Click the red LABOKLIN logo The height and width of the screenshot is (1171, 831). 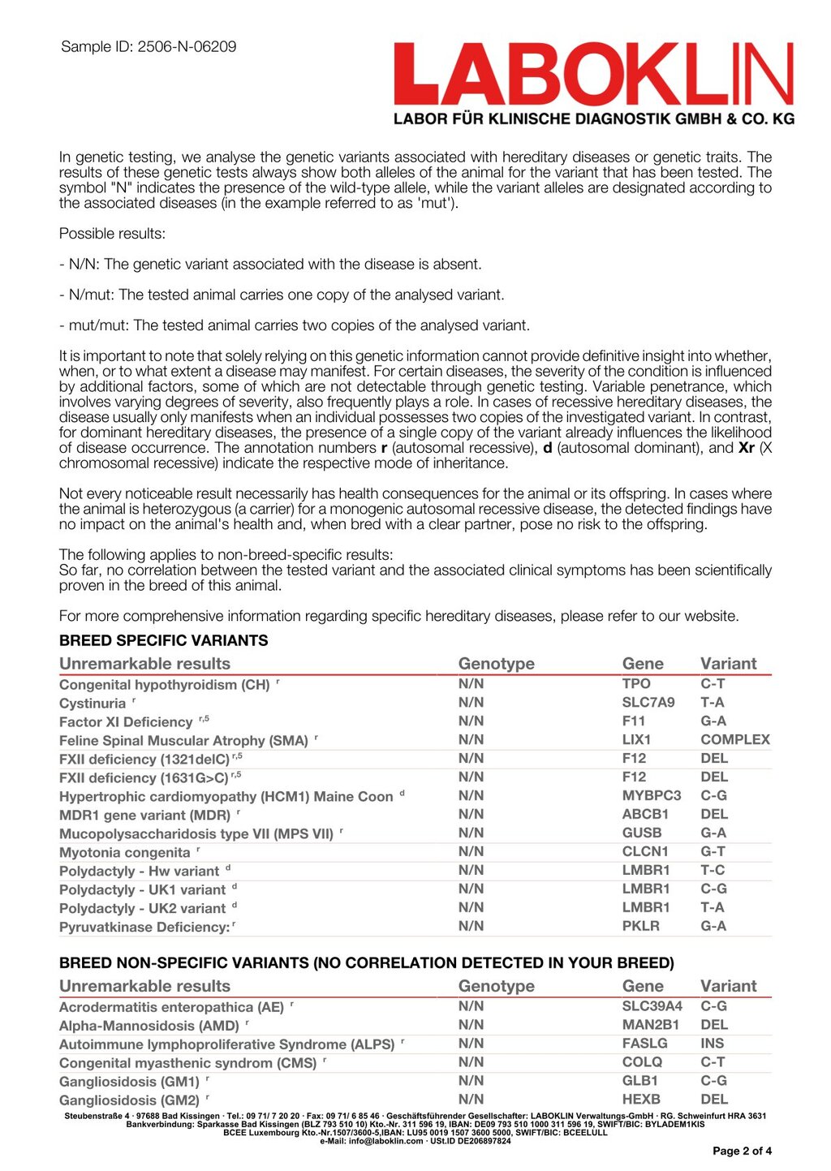coord(593,74)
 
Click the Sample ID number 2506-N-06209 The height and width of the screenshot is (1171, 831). coord(187,47)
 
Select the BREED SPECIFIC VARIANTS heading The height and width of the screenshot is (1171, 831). coord(163,640)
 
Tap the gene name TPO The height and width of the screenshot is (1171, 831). coord(636,684)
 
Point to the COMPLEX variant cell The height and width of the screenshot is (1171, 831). coord(735,740)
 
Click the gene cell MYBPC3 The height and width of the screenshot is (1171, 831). coord(652,796)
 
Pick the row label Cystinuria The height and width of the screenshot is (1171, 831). coord(93,704)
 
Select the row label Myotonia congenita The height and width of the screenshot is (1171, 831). coord(124,853)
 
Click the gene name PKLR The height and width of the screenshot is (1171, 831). coord(640,927)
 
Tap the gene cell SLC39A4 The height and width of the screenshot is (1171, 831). coord(652,1006)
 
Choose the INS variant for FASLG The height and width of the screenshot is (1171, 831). coord(713,1044)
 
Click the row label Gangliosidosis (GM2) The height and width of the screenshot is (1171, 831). coord(129,1101)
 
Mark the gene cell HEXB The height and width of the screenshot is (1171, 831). coord(641,1100)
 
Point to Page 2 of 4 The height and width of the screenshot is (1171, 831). coord(742,1151)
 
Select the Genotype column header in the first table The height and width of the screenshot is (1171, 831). coord(496,664)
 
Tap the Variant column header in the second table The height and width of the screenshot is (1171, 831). coord(728,987)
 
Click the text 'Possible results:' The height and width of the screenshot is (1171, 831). coord(112,234)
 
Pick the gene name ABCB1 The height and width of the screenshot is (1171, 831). coord(645,815)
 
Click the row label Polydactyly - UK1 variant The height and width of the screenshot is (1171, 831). coord(142,890)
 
